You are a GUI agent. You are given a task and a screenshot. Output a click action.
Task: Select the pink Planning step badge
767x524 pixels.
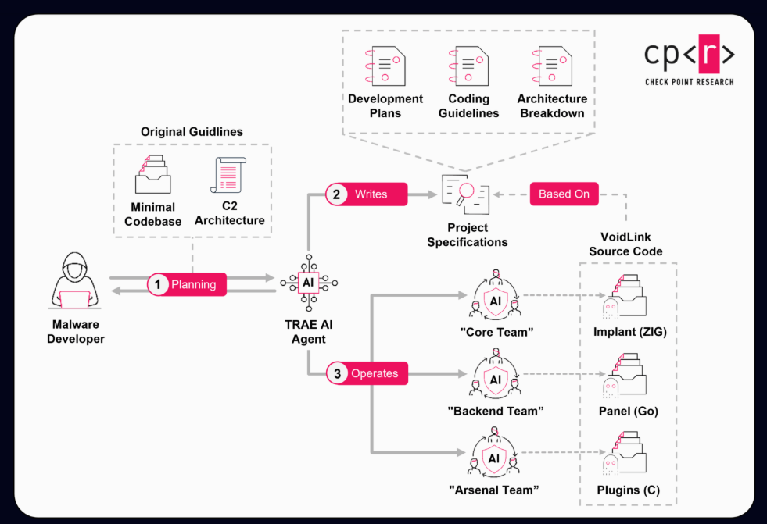click(186, 284)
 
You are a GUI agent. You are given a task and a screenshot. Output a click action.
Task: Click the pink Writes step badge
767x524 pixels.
click(367, 194)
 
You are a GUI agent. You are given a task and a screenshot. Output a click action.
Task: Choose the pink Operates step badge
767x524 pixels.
click(367, 373)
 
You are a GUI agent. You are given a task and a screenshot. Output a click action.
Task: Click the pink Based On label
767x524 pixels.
click(564, 194)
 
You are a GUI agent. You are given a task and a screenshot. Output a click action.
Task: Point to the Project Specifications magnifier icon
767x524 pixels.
click(466, 194)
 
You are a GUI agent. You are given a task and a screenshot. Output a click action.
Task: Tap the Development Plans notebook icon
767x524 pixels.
click(385, 65)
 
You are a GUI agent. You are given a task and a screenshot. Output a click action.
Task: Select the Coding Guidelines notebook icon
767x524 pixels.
click(468, 65)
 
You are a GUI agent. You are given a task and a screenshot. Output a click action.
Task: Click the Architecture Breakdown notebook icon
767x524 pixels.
click(552, 65)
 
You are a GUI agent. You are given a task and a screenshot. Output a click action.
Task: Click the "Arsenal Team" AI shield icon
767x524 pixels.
click(494, 458)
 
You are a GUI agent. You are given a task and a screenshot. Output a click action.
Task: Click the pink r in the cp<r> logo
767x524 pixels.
click(708, 54)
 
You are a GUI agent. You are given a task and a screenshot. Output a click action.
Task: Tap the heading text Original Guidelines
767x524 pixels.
click(192, 132)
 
